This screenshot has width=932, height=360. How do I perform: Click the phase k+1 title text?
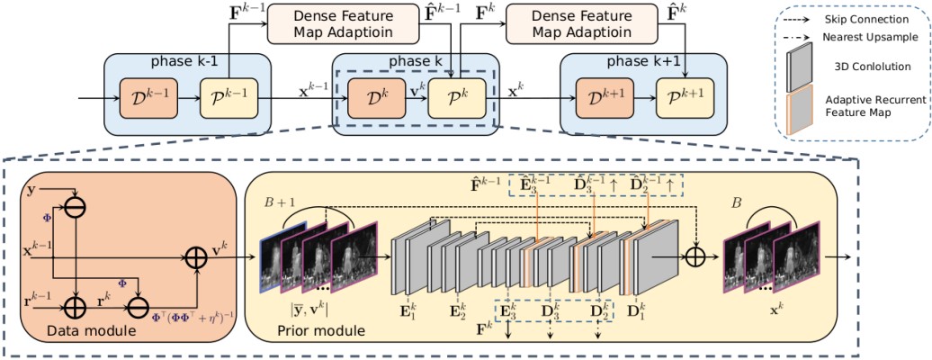[641, 61]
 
